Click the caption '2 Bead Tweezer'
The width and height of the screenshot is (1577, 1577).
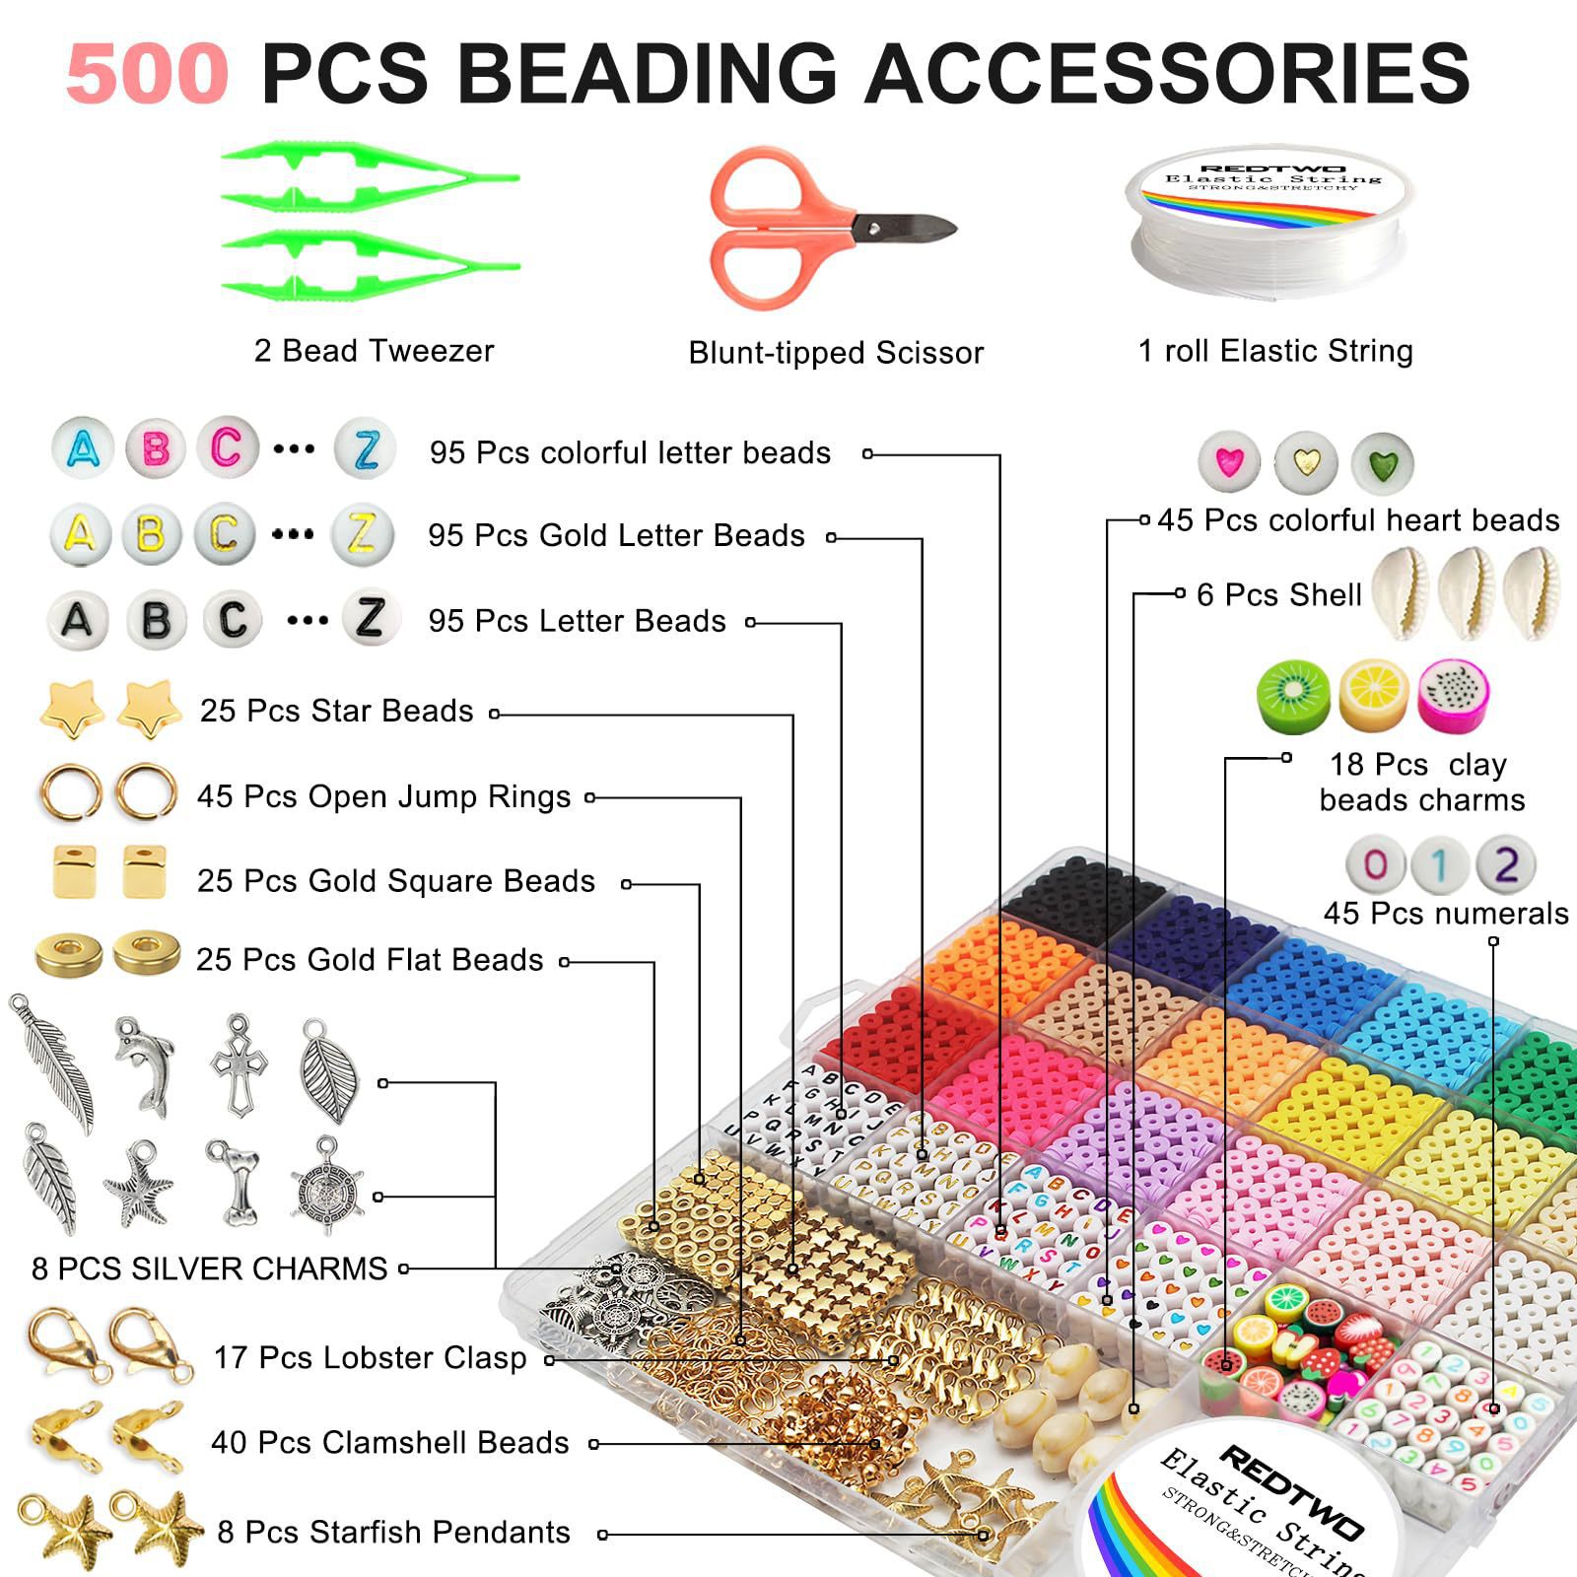pos(374,351)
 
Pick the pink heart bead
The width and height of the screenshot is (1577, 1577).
pos(1229,461)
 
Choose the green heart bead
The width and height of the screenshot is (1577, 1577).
pos(1382,461)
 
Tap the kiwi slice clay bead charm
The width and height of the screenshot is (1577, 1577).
pos(1293,696)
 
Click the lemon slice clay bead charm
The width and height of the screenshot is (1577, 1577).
pos(1374,696)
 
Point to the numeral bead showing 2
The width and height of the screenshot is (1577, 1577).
pos(1505,865)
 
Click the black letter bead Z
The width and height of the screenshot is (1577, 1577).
pos(371,618)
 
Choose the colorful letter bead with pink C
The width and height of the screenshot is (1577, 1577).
pos(227,448)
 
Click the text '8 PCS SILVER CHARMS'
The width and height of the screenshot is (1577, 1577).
pos(209,1268)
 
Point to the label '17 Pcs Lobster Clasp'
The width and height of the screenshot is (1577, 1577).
pos(370,1357)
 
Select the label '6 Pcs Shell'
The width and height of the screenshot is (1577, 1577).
pos(1278,595)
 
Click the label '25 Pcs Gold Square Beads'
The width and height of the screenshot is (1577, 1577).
pos(395,881)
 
